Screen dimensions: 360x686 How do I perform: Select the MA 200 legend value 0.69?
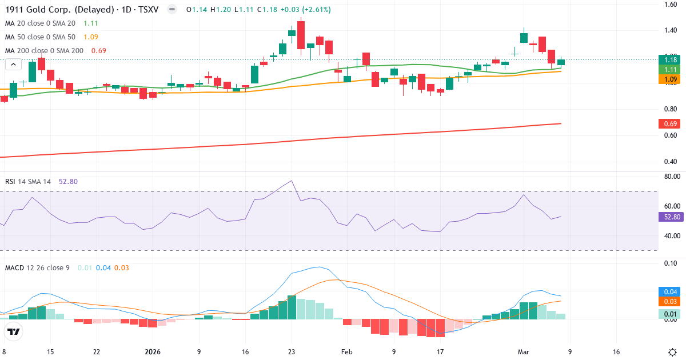tap(99, 51)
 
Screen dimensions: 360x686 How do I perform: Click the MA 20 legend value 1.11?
tap(91, 23)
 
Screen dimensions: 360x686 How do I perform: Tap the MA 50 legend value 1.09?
tap(91, 37)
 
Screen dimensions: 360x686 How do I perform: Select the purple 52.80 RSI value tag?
tap(671, 217)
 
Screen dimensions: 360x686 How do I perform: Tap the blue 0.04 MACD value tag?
tap(671, 292)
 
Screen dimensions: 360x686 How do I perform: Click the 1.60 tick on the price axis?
tap(671, 5)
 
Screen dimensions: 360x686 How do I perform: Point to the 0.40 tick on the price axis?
tap(671, 161)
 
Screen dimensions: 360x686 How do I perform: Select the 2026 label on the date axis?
tap(153, 352)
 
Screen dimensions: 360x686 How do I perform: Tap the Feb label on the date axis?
tap(346, 352)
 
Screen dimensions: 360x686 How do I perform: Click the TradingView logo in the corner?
tap(14, 332)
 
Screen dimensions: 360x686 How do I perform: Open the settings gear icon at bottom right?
tap(673, 352)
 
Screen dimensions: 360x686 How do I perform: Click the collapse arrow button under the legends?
tap(13, 65)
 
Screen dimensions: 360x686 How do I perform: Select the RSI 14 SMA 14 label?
tap(27, 182)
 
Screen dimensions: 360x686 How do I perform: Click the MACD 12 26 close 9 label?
tap(37, 267)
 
